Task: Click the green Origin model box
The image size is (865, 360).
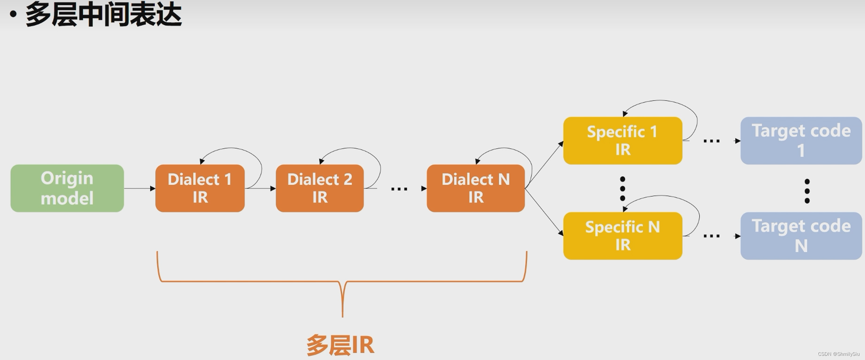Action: click(67, 188)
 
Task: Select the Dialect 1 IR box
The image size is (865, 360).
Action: click(200, 188)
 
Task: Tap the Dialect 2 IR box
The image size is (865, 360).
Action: click(319, 188)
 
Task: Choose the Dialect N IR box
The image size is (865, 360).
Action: click(475, 188)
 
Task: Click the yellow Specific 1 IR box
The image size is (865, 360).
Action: click(622, 141)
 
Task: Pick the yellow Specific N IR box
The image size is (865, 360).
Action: click(622, 236)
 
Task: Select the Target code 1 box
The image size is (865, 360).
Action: click(801, 141)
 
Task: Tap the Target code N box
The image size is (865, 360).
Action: click(801, 236)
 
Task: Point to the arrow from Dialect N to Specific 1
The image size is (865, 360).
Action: click(544, 165)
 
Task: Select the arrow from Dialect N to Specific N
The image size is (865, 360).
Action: click(544, 212)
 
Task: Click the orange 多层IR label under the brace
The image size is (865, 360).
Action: click(340, 345)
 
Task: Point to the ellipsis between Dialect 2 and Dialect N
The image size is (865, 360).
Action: click(399, 189)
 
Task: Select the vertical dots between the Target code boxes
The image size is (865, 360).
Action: click(807, 191)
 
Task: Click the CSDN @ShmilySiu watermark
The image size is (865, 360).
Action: click(838, 354)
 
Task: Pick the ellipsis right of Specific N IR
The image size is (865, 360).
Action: click(711, 236)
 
